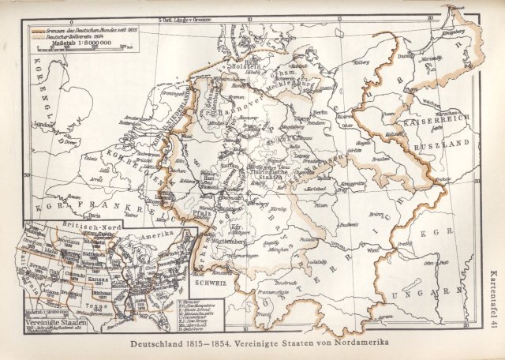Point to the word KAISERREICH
pyautogui.click(x=437, y=124)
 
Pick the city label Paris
pyautogui.click(x=96, y=214)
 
